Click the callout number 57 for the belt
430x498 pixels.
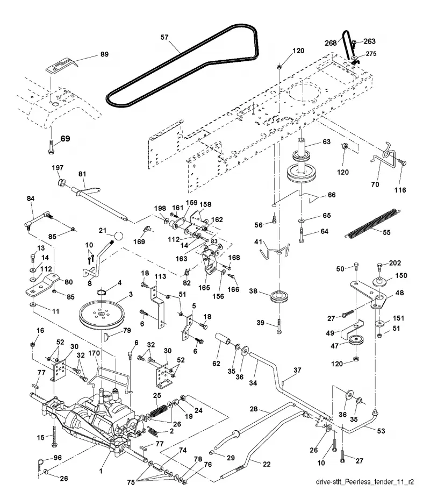164,38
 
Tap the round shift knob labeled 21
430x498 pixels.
118,236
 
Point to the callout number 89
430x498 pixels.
104,54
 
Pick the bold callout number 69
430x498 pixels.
65,138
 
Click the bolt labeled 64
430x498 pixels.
301,235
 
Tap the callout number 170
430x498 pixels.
94,353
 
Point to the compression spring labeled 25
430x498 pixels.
159,411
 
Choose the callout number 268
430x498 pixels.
331,43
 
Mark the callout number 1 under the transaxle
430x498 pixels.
101,471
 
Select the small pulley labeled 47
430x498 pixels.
356,340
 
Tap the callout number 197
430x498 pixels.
58,167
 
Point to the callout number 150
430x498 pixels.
401,275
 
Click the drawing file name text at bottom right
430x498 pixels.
365,482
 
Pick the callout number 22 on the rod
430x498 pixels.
267,464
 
